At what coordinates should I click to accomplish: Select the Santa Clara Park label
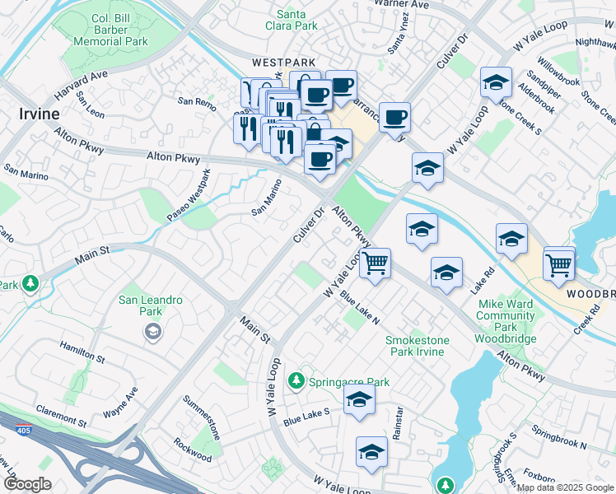[297, 20]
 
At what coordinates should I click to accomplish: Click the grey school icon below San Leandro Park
[152, 332]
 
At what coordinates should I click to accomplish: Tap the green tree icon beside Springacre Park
[296, 381]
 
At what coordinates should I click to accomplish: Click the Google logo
[27, 484]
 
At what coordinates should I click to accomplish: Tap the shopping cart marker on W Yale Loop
[376, 263]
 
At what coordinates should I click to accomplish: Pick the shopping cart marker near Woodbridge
[559, 263]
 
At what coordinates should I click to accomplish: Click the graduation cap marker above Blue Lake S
[359, 400]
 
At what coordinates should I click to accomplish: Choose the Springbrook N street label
[558, 439]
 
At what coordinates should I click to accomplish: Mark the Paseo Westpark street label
[189, 193]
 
